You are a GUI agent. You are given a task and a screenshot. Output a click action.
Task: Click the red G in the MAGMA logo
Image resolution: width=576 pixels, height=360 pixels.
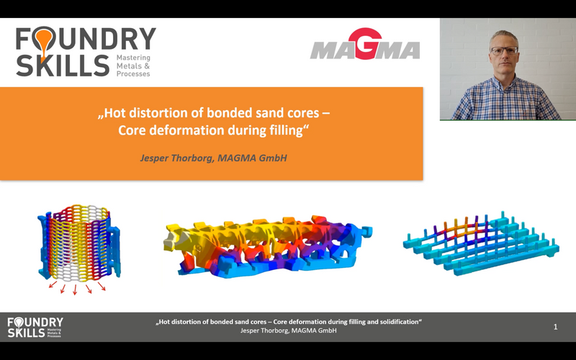(x=365, y=43)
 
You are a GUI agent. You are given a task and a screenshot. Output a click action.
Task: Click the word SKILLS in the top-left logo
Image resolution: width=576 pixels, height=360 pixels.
(x=63, y=66)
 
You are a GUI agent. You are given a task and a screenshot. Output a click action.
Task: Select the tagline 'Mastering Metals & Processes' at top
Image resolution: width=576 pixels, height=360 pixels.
(x=133, y=66)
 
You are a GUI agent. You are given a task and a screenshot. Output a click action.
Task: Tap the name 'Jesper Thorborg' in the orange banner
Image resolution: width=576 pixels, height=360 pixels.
(x=176, y=158)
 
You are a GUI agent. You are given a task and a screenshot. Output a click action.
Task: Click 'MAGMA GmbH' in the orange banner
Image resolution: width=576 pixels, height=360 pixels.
(x=253, y=158)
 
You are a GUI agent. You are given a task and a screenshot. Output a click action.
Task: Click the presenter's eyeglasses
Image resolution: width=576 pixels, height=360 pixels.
(x=504, y=50)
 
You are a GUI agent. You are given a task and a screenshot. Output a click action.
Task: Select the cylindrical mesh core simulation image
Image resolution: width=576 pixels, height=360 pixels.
(x=79, y=243)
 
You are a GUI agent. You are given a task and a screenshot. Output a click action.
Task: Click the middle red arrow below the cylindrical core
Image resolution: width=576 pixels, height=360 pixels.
(x=75, y=289)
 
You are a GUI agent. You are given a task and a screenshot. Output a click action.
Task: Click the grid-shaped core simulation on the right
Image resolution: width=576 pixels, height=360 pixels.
(x=481, y=244)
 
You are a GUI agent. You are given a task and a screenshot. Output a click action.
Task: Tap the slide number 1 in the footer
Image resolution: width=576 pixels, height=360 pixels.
(x=555, y=327)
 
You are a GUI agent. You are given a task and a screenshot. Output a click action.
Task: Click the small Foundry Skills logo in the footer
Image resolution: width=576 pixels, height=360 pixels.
(x=35, y=328)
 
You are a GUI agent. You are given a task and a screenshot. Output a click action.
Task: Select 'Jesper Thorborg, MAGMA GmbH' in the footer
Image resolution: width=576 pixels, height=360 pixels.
(x=289, y=330)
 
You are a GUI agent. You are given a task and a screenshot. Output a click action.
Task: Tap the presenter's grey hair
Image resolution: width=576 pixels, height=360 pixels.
(x=504, y=37)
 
